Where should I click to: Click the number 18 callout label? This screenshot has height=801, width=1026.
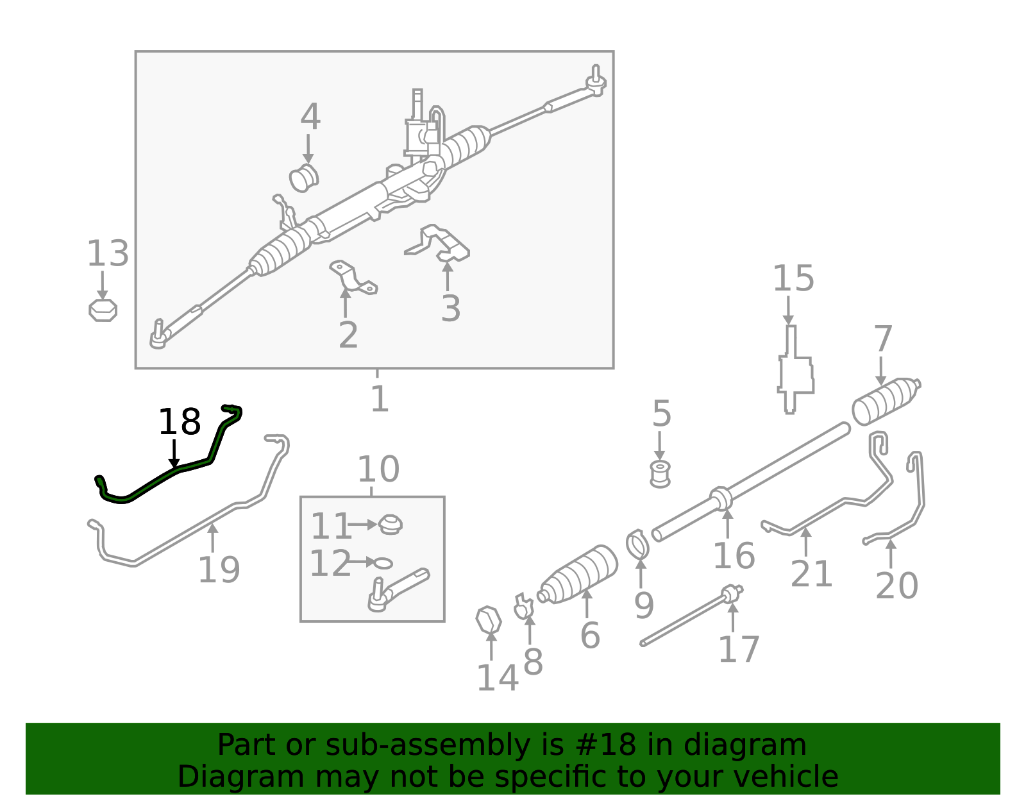pos(180,423)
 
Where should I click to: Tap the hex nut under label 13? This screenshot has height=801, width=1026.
pos(103,310)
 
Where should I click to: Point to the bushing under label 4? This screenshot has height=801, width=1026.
pos(304,178)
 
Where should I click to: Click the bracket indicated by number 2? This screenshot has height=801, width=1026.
pos(352,278)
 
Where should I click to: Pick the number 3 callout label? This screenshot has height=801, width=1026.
pos(450,308)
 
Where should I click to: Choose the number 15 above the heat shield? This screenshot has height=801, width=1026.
pos(793,279)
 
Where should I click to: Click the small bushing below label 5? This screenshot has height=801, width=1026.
pos(660,473)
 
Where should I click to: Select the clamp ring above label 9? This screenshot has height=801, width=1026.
pos(637,544)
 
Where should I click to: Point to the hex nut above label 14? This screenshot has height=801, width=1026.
pos(489,620)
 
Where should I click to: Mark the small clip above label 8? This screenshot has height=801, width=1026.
pos(524,607)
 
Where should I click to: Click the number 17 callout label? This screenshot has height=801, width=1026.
pos(739,650)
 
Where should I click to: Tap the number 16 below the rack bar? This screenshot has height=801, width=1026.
pos(734,555)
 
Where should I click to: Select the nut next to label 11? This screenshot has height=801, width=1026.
pos(389,525)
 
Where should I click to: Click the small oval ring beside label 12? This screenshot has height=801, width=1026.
pos(383,562)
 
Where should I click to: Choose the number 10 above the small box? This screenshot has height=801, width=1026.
pos(378,469)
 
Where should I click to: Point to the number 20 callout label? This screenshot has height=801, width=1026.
pos(896,586)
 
